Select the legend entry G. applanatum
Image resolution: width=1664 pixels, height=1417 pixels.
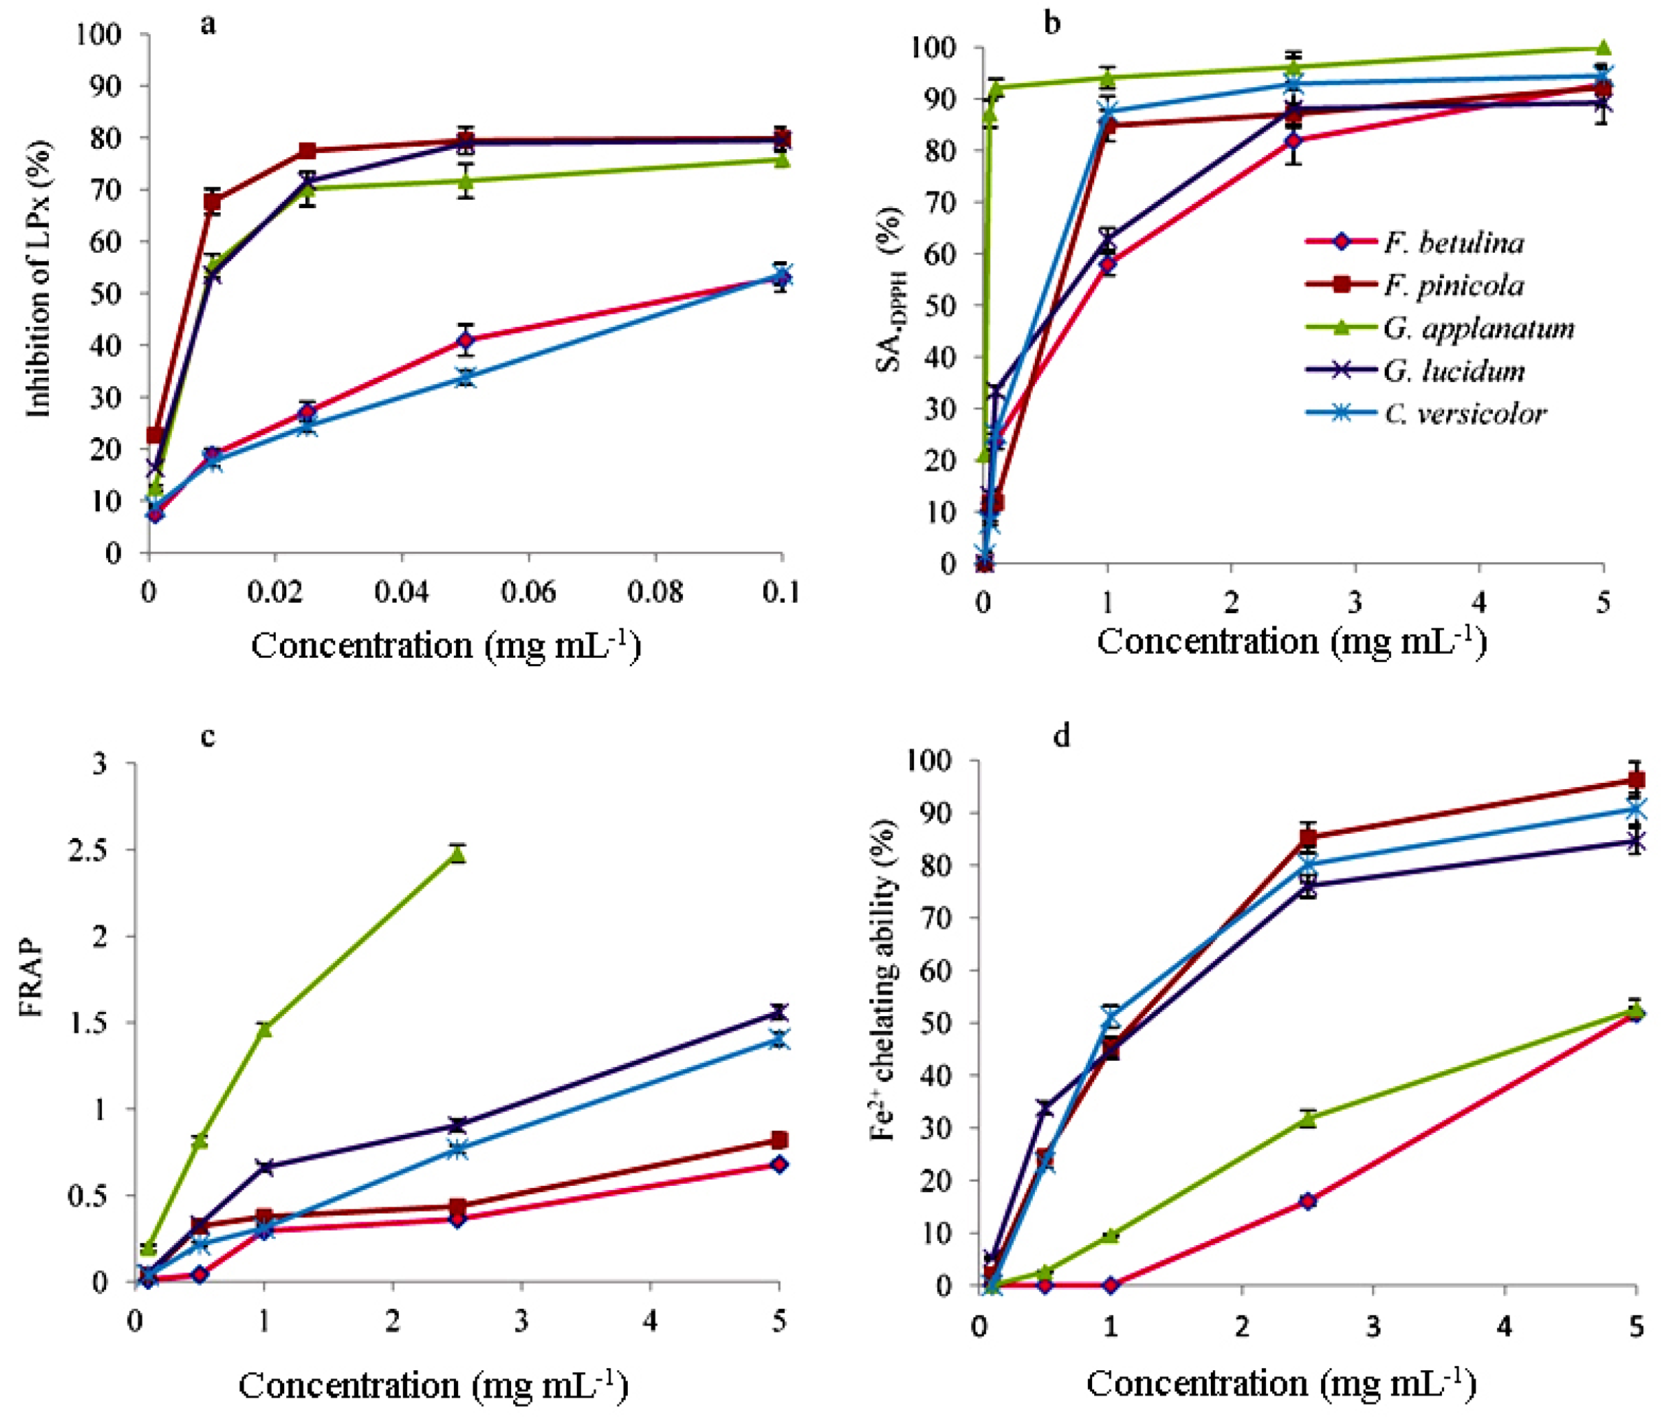(x=1478, y=328)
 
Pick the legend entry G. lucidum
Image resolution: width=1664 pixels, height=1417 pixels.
(x=1453, y=371)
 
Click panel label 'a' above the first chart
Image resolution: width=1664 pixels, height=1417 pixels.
(x=208, y=24)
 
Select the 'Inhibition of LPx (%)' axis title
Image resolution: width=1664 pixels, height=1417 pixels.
(x=38, y=279)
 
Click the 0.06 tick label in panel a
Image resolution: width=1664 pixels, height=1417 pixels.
(x=528, y=592)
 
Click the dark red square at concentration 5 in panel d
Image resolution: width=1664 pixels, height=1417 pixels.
(x=1635, y=780)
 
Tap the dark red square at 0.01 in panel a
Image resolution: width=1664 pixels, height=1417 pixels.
(x=212, y=202)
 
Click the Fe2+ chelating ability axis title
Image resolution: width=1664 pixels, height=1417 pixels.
(x=883, y=979)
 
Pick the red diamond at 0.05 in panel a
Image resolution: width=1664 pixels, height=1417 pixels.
(x=465, y=341)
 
